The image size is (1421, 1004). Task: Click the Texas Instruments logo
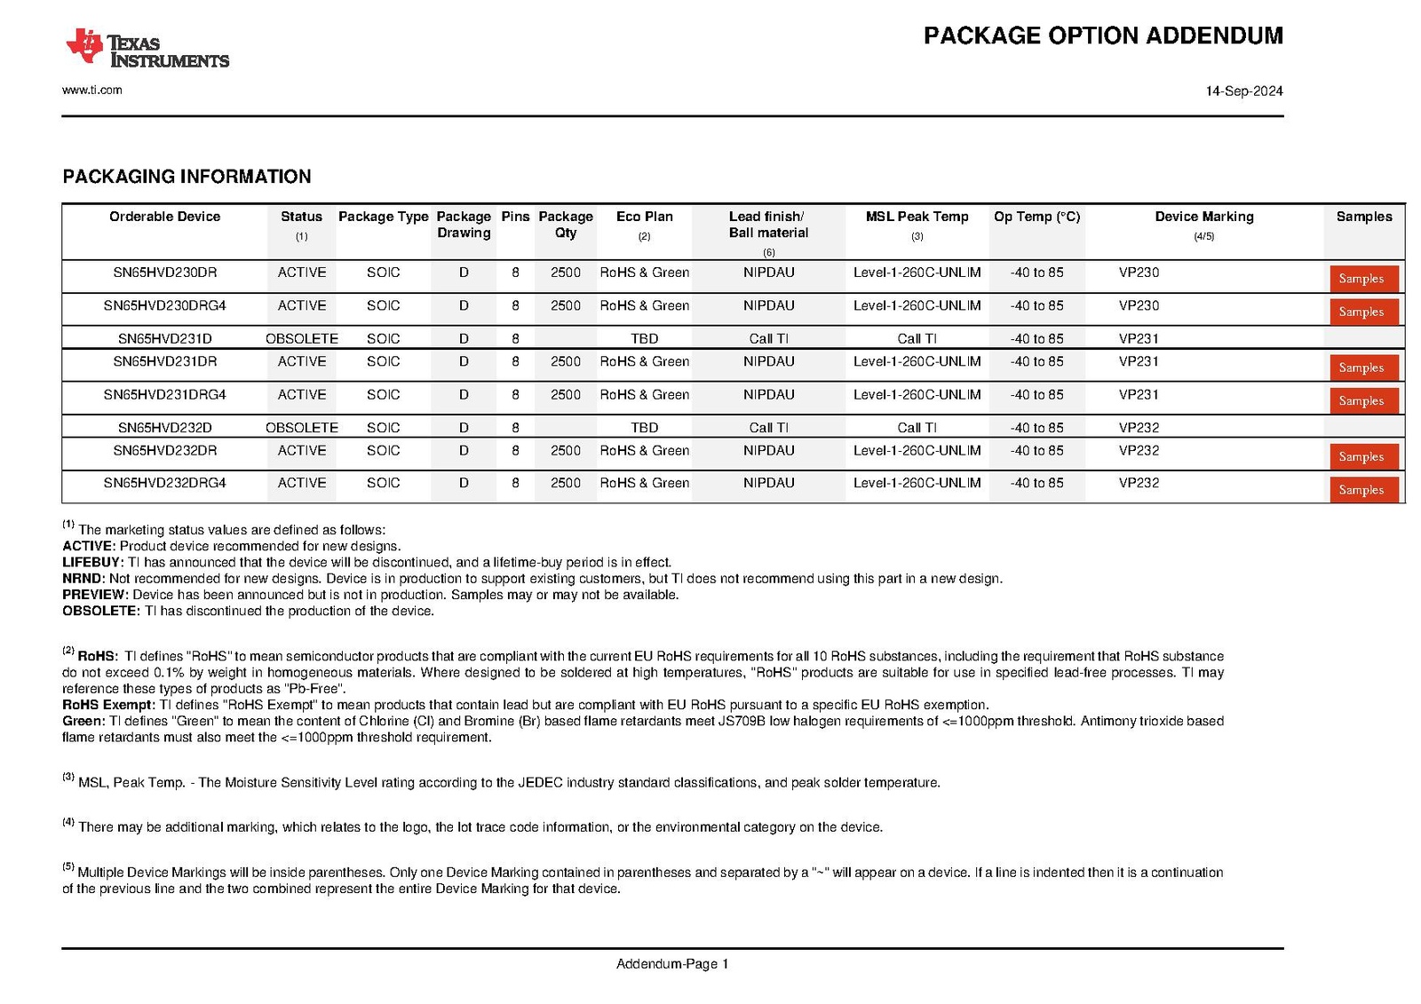click(147, 50)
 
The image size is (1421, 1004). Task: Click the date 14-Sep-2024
click(1243, 91)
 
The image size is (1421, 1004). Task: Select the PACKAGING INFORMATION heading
click(187, 177)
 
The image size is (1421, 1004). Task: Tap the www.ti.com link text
click(92, 90)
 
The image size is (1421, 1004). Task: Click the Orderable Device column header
click(164, 217)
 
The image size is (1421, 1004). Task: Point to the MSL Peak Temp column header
click(917, 217)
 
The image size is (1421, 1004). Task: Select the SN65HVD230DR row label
click(164, 273)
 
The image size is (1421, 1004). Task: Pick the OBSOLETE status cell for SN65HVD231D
click(302, 338)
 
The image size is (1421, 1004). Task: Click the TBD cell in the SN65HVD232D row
click(644, 427)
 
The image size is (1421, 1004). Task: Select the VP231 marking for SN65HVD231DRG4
click(1139, 394)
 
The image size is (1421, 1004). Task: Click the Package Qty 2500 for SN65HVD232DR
click(565, 450)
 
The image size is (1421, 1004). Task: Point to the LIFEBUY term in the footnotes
click(91, 562)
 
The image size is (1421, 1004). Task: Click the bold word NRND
click(83, 578)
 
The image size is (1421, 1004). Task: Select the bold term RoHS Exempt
click(107, 705)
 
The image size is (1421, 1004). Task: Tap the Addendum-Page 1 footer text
click(672, 963)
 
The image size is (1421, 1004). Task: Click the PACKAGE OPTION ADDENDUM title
click(1103, 36)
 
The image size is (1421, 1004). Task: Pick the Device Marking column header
click(1203, 217)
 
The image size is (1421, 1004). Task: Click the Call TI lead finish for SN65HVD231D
click(768, 338)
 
